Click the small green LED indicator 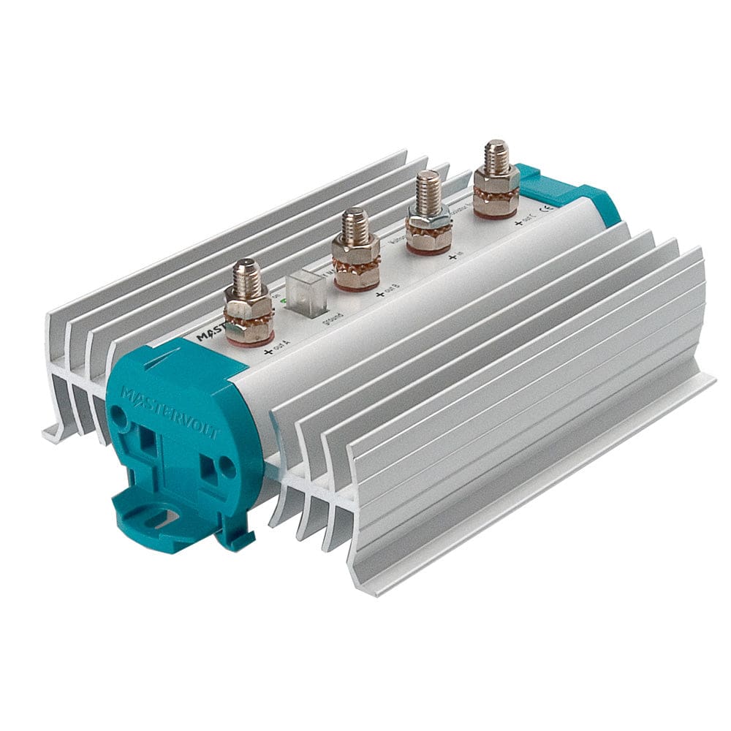(x=284, y=300)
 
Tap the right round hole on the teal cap (x=229, y=463)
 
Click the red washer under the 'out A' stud (x=249, y=338)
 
